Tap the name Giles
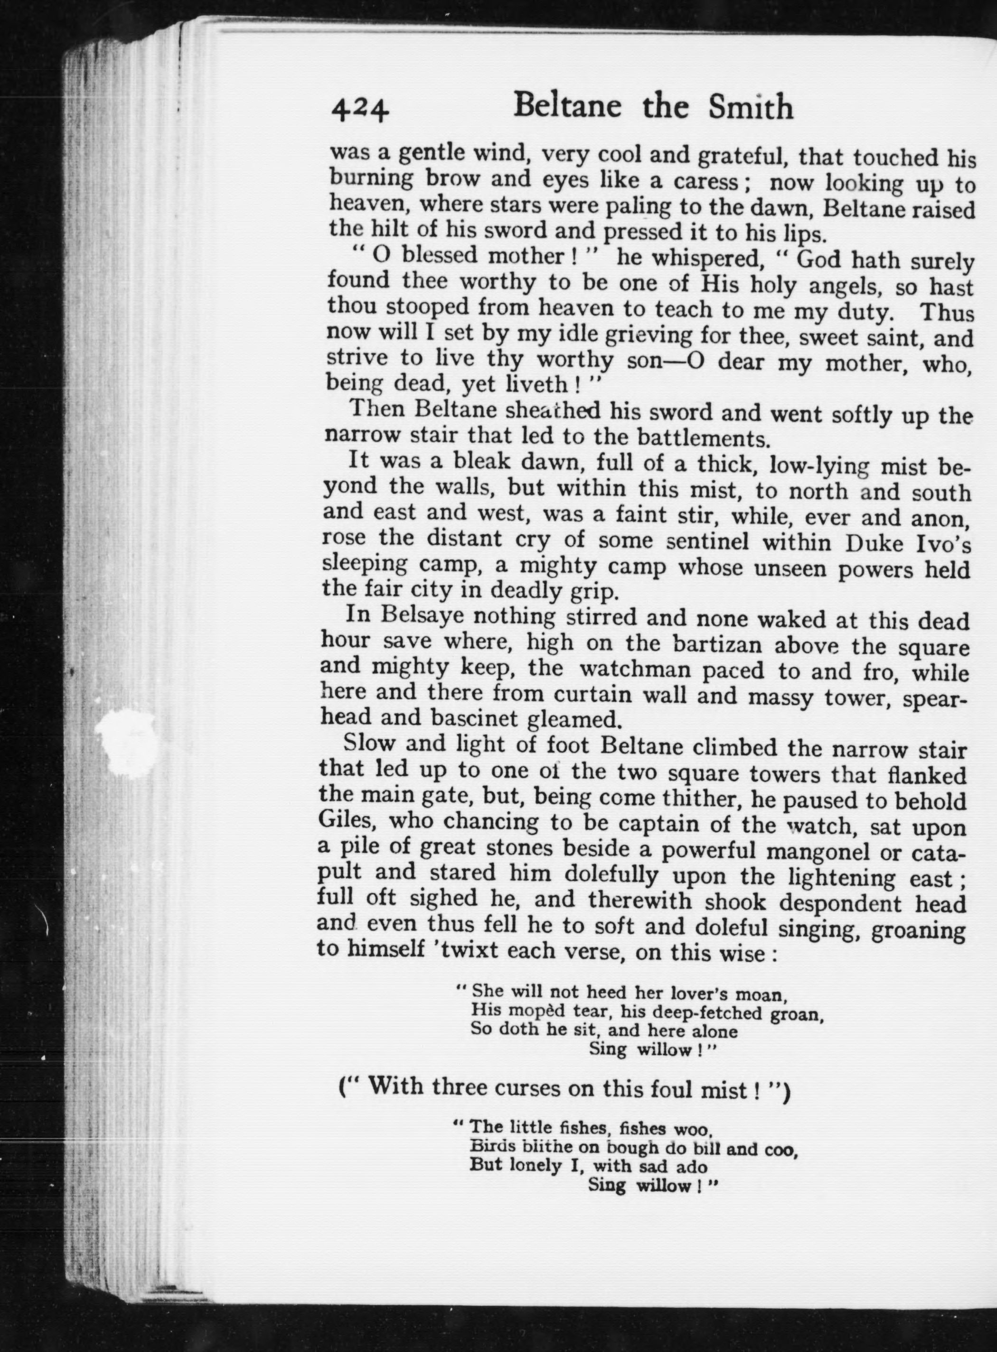coord(345,820)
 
